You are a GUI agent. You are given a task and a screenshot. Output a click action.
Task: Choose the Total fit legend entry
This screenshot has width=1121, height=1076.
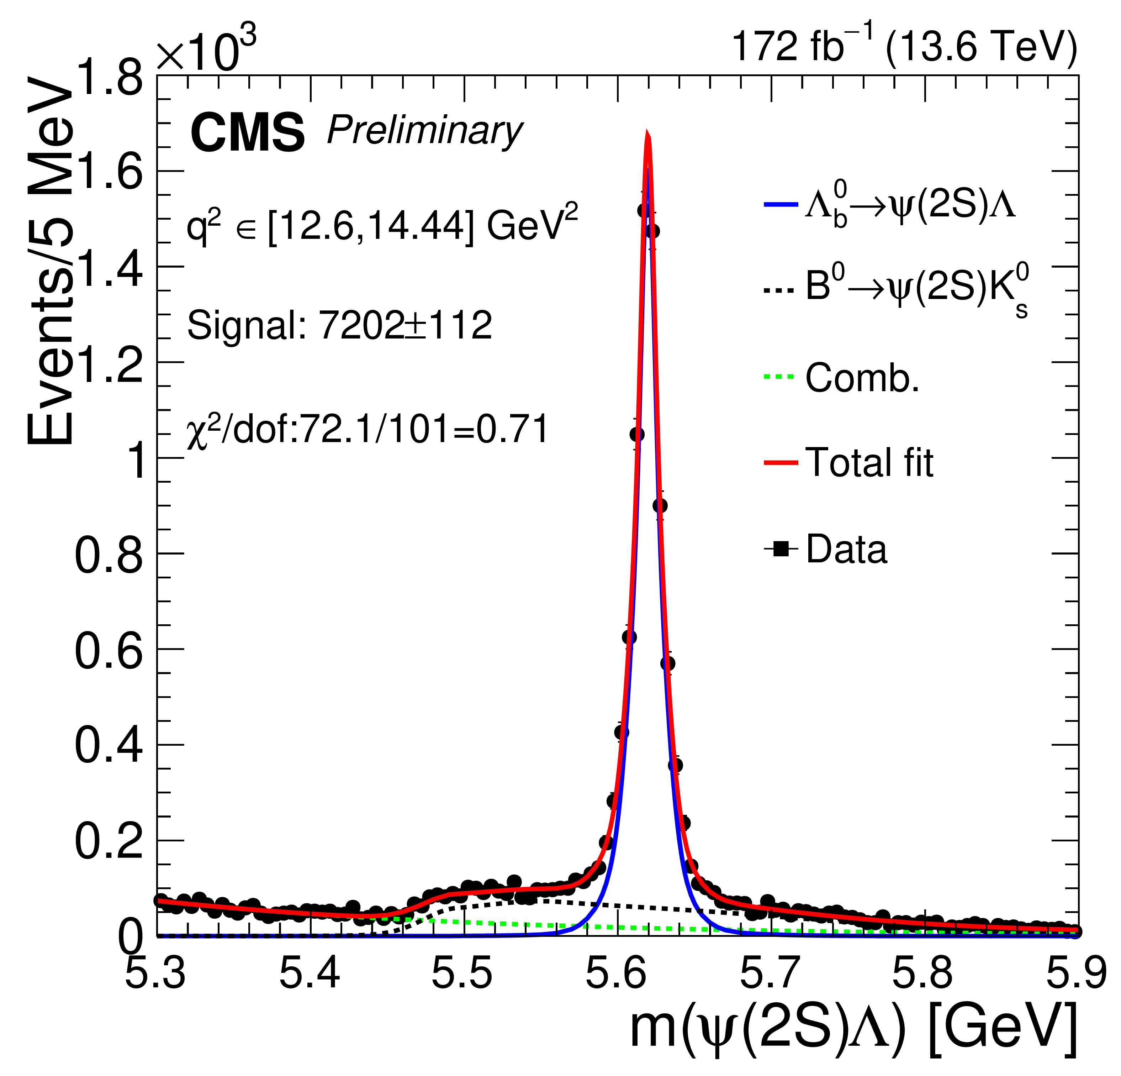pos(849,462)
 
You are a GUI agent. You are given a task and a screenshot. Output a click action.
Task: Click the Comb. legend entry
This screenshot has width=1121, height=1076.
pos(842,378)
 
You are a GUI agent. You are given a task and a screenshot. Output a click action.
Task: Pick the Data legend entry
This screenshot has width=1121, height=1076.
pos(825,550)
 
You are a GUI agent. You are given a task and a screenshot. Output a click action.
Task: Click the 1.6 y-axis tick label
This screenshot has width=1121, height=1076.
pos(109,171)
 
